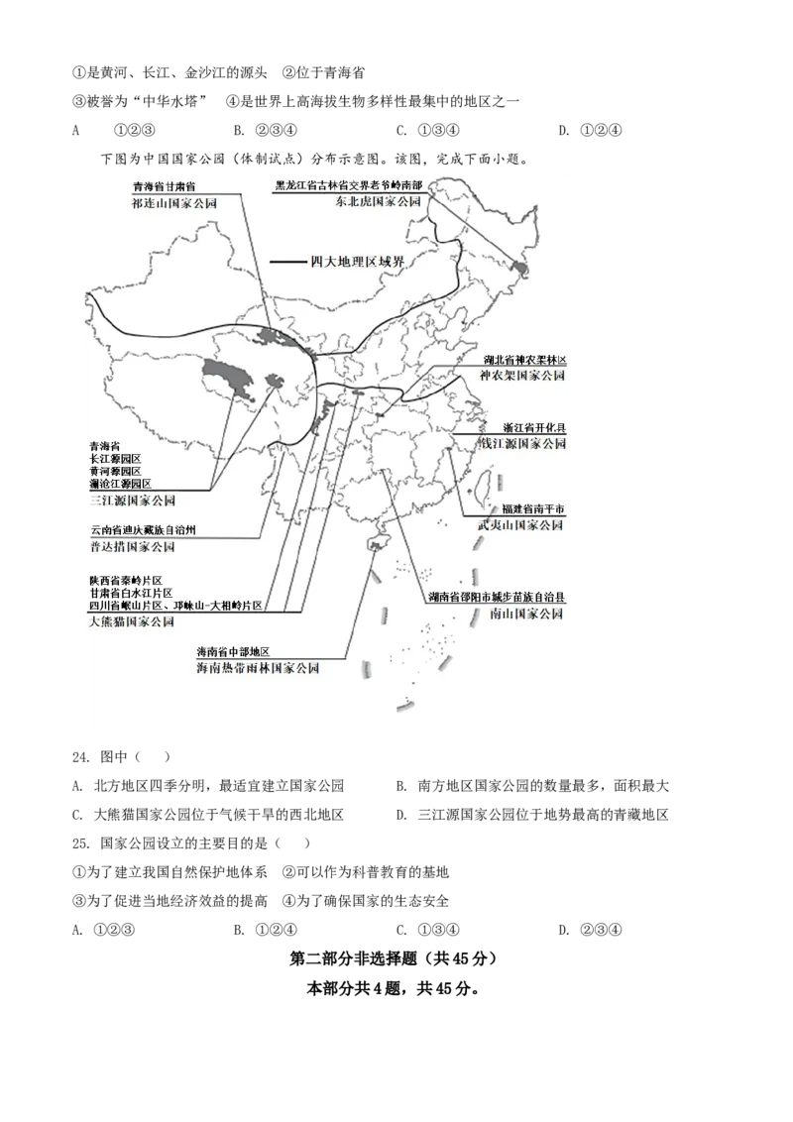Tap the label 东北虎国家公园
coord(379,201)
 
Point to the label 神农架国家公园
coord(521,377)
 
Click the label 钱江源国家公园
coord(521,444)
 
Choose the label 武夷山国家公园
coord(519,525)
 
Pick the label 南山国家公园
coord(525,615)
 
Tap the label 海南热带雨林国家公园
coord(258,669)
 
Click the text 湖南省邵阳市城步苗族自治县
coord(498,598)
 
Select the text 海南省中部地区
coord(234,652)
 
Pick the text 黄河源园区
coord(115,471)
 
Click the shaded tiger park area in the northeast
coord(517,267)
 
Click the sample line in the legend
coord(288,262)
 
